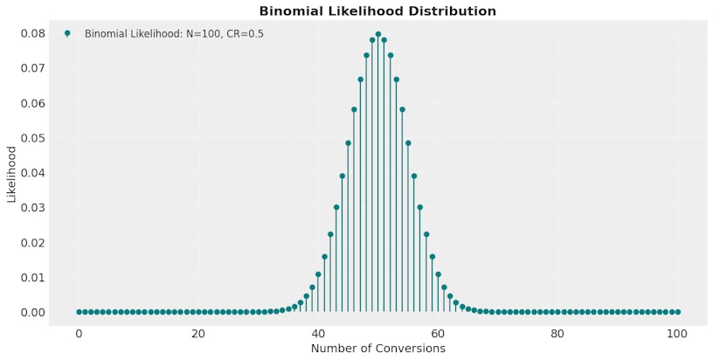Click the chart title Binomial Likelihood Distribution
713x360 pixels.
pyautogui.click(x=377, y=11)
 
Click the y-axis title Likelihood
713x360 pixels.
pyautogui.click(x=11, y=174)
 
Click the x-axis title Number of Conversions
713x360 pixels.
pyautogui.click(x=377, y=349)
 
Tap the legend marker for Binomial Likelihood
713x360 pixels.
pyautogui.click(x=67, y=33)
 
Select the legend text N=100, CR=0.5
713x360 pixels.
pyautogui.click(x=174, y=34)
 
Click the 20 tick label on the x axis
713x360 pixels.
pyautogui.click(x=198, y=333)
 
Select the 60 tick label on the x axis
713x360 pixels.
pyautogui.click(x=438, y=333)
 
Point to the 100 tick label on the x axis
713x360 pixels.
pyautogui.click(x=677, y=333)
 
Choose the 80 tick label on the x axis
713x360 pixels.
pyautogui.click(x=557, y=333)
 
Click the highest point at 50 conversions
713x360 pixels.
pyautogui.click(x=377, y=34)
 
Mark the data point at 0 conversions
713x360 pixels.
pyautogui.click(x=79, y=312)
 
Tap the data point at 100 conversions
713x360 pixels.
pyautogui.click(x=677, y=312)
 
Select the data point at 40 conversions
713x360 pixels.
pyautogui.click(x=318, y=274)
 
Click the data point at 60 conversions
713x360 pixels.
pyautogui.click(x=438, y=274)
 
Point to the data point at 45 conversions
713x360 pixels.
pyautogui.click(x=348, y=143)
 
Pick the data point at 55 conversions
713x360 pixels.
pyautogui.click(x=408, y=143)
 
